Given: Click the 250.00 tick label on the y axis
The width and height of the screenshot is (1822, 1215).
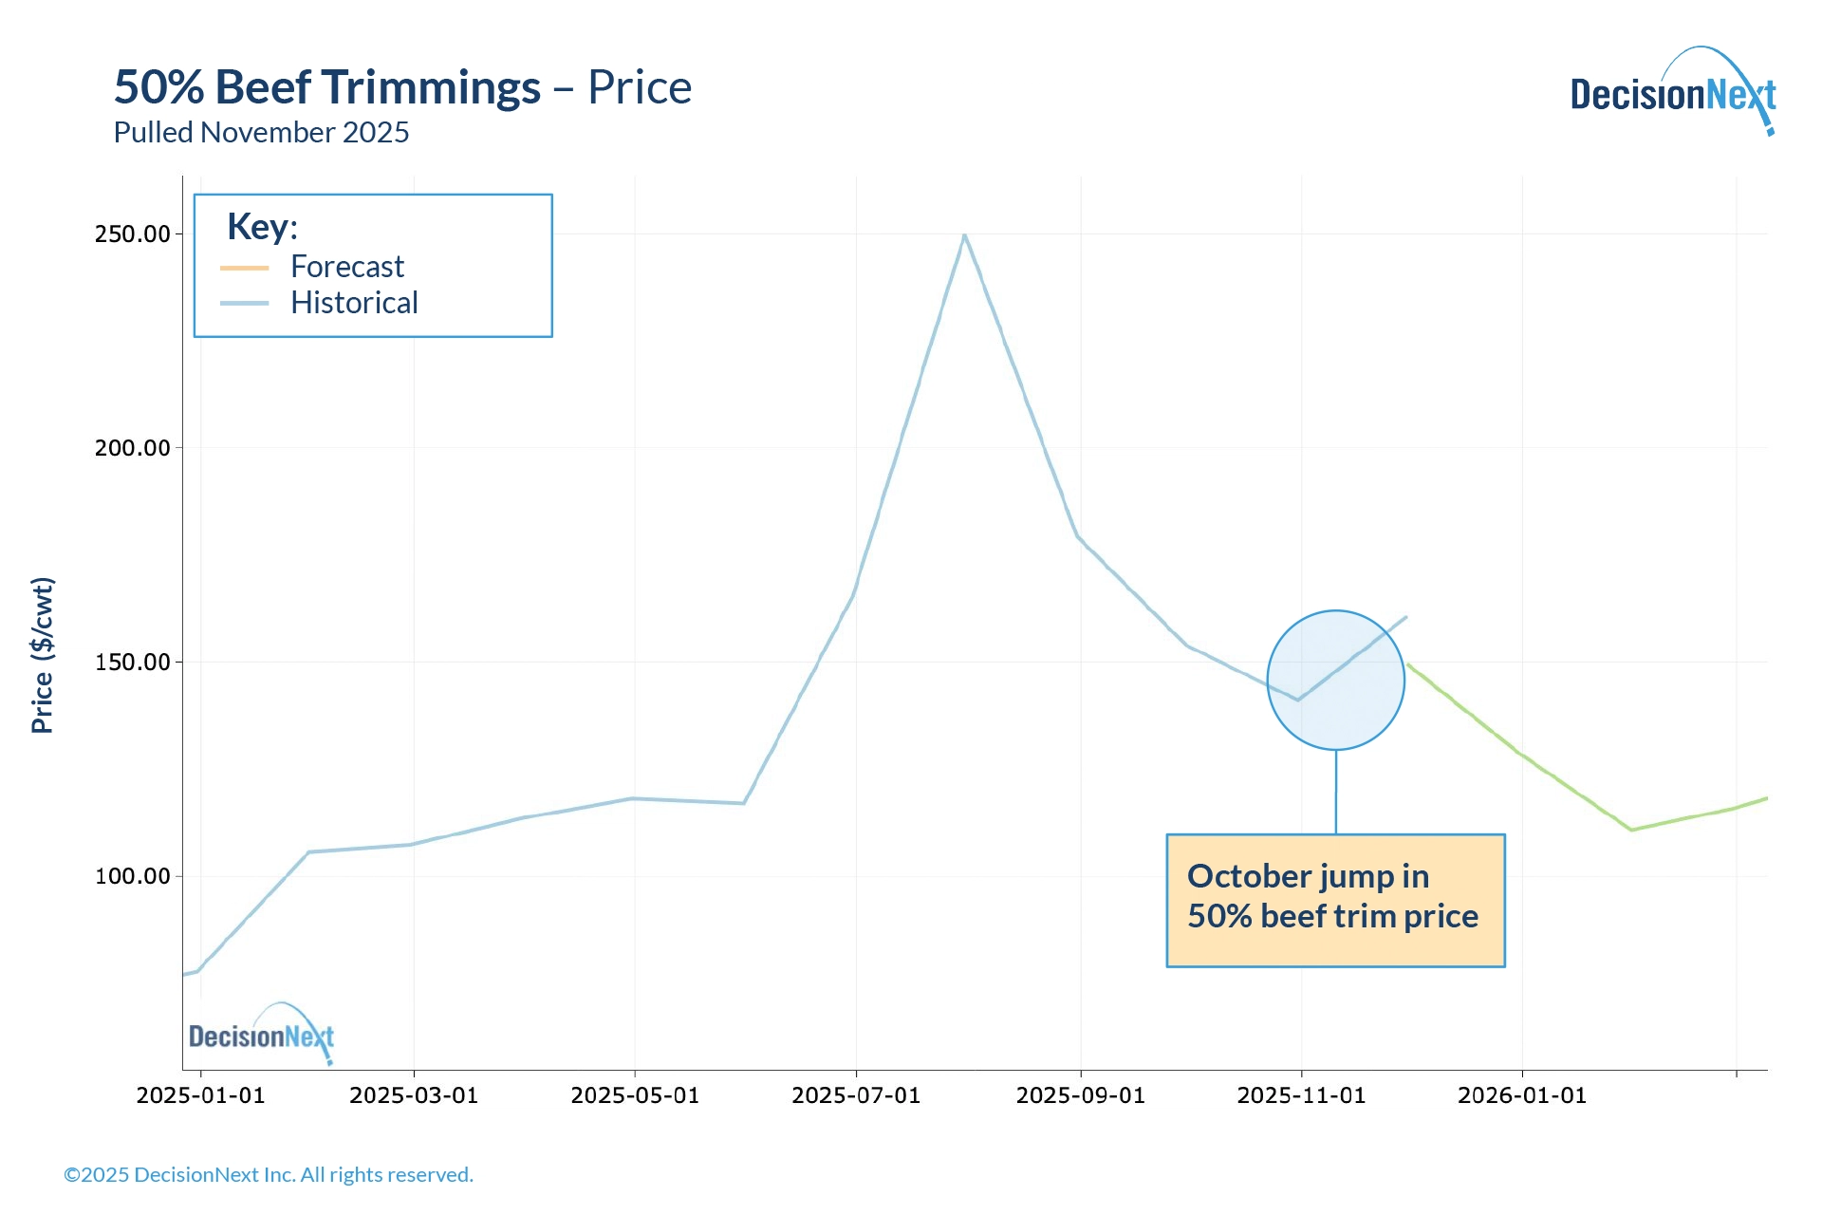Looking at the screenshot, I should click(x=132, y=234).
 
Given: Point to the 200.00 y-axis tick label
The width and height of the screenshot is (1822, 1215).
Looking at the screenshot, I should click(x=132, y=448).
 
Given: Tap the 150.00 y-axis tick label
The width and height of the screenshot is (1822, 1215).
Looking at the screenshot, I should click(x=132, y=663).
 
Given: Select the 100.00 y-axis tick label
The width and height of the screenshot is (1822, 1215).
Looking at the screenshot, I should click(x=132, y=876).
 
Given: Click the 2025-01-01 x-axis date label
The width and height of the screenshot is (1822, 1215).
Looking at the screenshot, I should click(x=200, y=1095).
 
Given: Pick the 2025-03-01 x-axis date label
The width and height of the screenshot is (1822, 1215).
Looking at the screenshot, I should click(x=414, y=1095).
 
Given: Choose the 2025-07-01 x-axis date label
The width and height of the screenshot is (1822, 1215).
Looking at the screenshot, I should click(x=856, y=1095).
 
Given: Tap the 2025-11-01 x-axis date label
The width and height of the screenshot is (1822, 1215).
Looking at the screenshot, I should click(x=1301, y=1095).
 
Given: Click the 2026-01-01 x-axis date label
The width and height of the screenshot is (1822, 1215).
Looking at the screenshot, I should click(x=1522, y=1095).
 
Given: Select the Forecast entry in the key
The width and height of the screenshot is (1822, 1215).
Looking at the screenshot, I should click(x=346, y=267).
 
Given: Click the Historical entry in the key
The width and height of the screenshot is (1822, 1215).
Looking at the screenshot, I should click(x=353, y=303).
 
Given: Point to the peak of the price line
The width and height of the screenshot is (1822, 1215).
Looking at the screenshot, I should click(x=964, y=234).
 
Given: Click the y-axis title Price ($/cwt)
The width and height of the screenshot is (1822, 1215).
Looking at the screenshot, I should click(x=43, y=655).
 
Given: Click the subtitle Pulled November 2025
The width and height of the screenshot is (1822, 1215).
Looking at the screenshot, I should click(x=261, y=133).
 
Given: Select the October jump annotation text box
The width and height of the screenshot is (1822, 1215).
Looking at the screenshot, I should click(x=1334, y=900).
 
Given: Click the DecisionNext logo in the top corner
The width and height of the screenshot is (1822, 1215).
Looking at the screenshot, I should click(x=1672, y=93).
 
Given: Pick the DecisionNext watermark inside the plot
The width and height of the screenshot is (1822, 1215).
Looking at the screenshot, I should click(x=262, y=1035).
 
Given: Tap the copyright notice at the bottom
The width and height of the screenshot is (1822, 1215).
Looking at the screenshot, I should click(x=269, y=1175).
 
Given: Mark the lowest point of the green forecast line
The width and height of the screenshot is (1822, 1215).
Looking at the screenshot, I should click(x=1631, y=830).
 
